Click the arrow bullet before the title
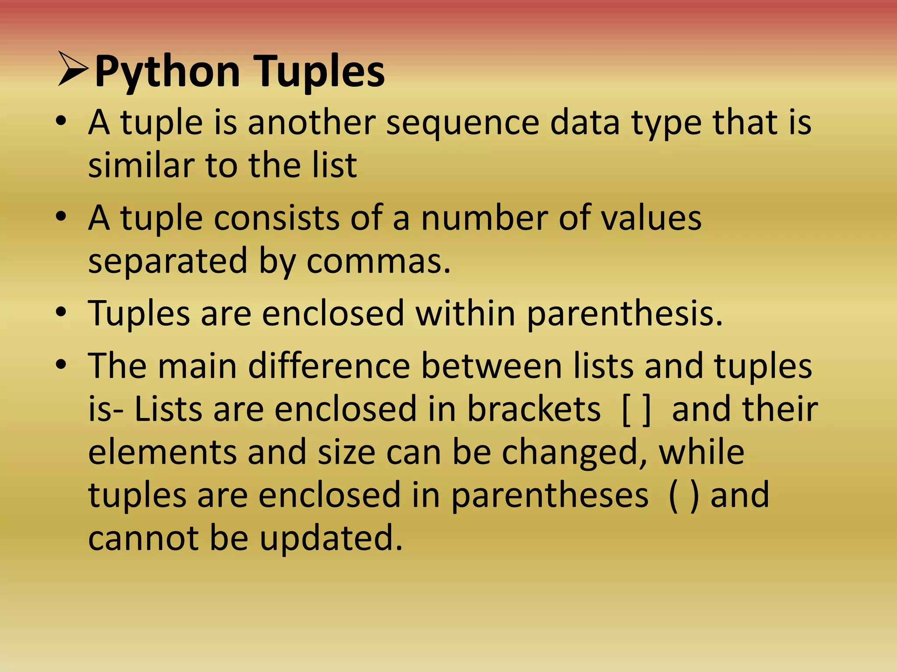[x=73, y=69]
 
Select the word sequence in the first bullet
[x=463, y=123]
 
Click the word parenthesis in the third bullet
[x=624, y=314]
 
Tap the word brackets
[x=533, y=409]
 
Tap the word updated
[x=331, y=539]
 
